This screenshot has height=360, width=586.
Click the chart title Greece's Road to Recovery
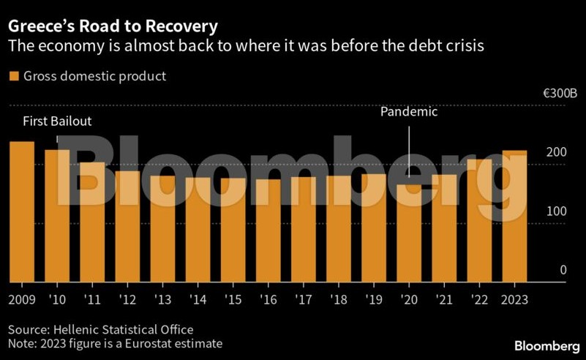click(113, 26)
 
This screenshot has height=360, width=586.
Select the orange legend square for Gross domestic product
click(14, 76)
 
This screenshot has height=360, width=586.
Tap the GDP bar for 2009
click(22, 211)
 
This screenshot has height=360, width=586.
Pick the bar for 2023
click(514, 216)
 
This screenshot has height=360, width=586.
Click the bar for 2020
click(409, 233)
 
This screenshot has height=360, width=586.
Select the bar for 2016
click(268, 230)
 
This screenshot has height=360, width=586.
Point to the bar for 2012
click(127, 227)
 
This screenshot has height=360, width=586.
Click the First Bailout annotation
click(57, 121)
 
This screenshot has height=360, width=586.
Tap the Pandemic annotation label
click(409, 112)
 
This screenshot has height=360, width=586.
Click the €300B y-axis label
click(560, 93)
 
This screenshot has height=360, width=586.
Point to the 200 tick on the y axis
click(556, 152)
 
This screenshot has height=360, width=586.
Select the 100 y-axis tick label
click(557, 211)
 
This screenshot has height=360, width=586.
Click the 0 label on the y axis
click(563, 270)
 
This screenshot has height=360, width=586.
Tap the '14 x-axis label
click(198, 300)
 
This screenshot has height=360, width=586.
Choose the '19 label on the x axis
click(374, 300)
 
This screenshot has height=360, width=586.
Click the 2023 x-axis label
click(514, 300)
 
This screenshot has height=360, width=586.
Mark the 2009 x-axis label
click(22, 300)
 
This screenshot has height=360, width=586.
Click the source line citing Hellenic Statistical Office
click(101, 330)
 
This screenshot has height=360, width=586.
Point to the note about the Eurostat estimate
click(115, 344)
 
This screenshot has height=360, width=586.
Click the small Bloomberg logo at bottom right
click(546, 346)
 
